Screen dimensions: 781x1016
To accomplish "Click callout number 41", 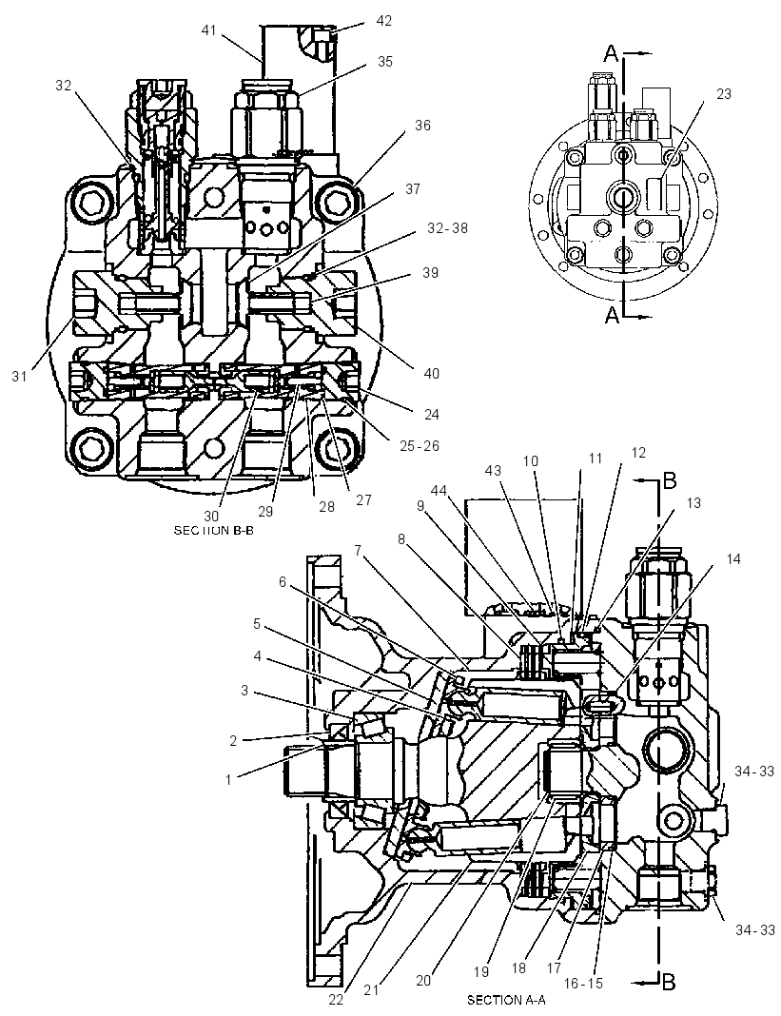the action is [x=208, y=30].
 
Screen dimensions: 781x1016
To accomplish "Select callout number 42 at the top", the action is [x=383, y=21].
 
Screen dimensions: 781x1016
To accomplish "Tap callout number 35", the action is [x=385, y=62].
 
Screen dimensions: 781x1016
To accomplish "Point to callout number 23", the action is [x=723, y=94].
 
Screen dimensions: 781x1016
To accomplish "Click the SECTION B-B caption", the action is [x=210, y=531].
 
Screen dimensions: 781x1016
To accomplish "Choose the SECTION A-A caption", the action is [x=504, y=1000].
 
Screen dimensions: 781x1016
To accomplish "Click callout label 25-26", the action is [x=420, y=446].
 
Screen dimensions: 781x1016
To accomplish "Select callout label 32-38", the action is [x=447, y=228].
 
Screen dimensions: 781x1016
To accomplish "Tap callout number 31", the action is [x=19, y=375].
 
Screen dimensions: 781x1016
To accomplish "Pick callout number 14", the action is [x=733, y=559].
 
